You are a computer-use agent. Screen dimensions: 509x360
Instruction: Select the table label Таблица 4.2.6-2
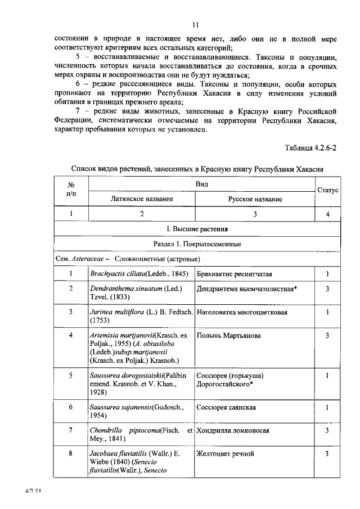pos(310,148)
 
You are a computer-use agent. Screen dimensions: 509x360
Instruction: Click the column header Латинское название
pos(142,199)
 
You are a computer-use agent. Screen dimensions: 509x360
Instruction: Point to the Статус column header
pos(327,191)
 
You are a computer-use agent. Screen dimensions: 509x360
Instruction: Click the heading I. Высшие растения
pos(197,229)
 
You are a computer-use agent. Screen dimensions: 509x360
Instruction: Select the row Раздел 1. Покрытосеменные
pos(197,244)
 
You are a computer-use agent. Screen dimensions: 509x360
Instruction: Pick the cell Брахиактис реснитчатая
pos(235,274)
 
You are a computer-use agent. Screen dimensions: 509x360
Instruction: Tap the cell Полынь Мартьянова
pos(228,336)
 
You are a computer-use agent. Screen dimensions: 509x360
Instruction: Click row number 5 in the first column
pos(71,375)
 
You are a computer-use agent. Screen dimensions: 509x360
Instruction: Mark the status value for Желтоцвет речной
pos(327,453)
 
